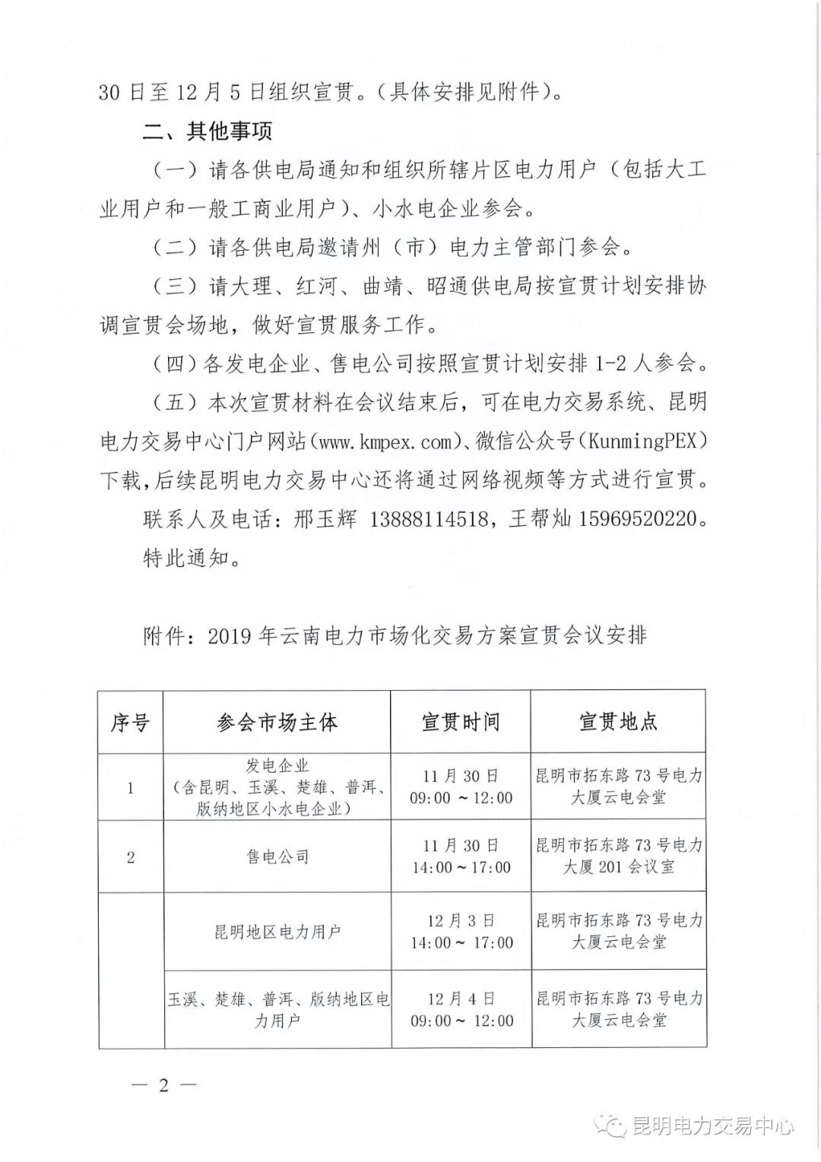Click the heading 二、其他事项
click(x=207, y=131)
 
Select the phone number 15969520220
click(x=638, y=519)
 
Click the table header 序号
click(x=130, y=722)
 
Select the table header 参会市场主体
click(x=277, y=722)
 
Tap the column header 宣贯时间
click(x=461, y=722)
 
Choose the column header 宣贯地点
click(x=618, y=722)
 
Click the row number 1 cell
click(x=130, y=788)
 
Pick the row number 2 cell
click(x=130, y=857)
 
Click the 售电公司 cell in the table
click(x=277, y=857)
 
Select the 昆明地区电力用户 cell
click(x=277, y=932)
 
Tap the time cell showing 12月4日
click(x=461, y=1009)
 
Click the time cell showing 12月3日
click(x=461, y=932)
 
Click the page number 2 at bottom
click(x=163, y=1085)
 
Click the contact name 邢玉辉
click(x=325, y=519)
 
